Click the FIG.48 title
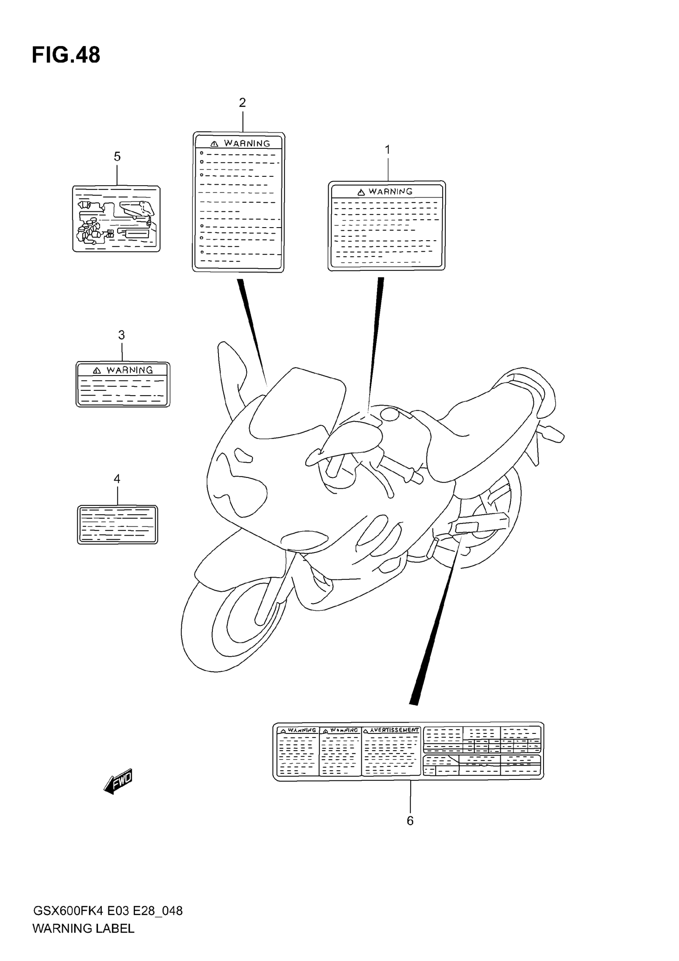pyautogui.click(x=66, y=55)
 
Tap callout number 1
pyautogui.click(x=387, y=150)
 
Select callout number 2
pyautogui.click(x=242, y=102)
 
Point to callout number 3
pyautogui.click(x=121, y=335)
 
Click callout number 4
pyautogui.click(x=117, y=478)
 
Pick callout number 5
pyautogui.click(x=117, y=156)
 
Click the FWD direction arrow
pyautogui.click(x=118, y=781)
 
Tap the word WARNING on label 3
pyautogui.click(x=130, y=370)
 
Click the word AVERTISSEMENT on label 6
pyautogui.click(x=394, y=730)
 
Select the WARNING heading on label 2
pyautogui.click(x=247, y=143)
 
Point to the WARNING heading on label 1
pyautogui.click(x=390, y=192)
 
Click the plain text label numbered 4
pyautogui.click(x=117, y=524)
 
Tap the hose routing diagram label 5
pyautogui.click(x=116, y=219)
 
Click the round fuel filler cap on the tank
pyautogui.click(x=390, y=414)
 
